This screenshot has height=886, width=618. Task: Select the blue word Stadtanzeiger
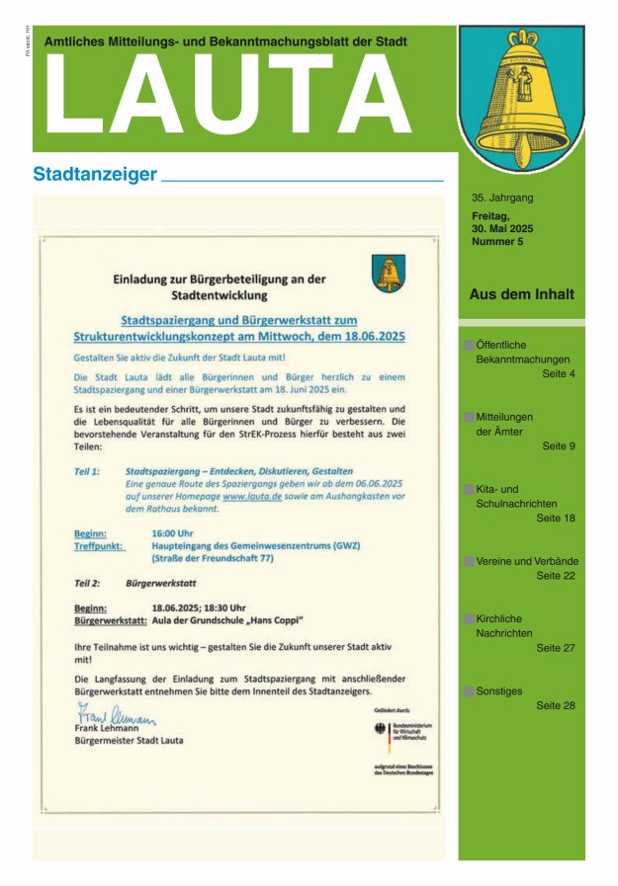tap(95, 175)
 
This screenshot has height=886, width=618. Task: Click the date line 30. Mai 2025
tap(502, 228)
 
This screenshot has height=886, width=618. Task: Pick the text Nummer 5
tap(497, 241)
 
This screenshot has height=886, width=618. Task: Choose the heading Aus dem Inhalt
tap(521, 294)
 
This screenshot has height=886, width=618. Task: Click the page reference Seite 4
tap(559, 374)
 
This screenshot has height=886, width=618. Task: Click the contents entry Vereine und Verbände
tap(527, 561)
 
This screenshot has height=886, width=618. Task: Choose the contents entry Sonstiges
tap(499, 691)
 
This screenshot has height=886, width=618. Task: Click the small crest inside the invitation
tap(389, 273)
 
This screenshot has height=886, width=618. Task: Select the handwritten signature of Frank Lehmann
tap(117, 715)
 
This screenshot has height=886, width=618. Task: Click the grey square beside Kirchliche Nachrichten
tap(468, 619)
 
